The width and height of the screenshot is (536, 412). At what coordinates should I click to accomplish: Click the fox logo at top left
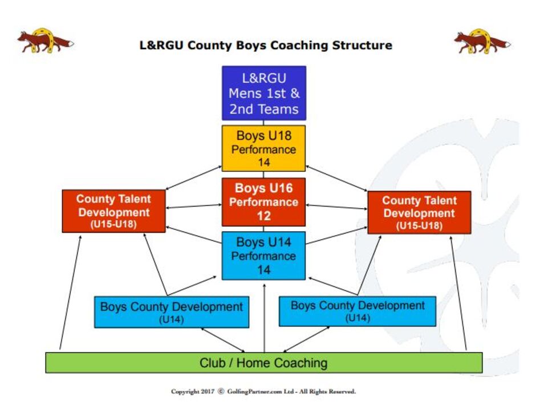(46, 41)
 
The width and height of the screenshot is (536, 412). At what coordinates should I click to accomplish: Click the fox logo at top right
(482, 42)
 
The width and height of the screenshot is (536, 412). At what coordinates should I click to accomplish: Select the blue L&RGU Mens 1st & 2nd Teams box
(264, 93)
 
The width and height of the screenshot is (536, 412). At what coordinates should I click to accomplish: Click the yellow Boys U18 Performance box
(263, 148)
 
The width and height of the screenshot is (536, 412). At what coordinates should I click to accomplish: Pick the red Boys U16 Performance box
(263, 202)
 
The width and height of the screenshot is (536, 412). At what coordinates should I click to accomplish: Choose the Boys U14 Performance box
(263, 256)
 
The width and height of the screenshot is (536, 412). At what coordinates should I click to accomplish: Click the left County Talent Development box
(114, 211)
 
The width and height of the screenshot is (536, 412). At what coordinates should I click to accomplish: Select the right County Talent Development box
(419, 212)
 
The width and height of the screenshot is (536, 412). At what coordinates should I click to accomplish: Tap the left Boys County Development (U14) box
(172, 312)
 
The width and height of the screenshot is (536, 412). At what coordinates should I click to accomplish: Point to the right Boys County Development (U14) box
(358, 311)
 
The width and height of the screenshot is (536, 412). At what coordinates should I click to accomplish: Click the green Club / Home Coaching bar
(264, 363)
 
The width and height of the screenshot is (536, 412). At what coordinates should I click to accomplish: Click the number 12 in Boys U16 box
(264, 216)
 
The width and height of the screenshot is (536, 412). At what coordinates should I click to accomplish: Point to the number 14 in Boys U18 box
(264, 162)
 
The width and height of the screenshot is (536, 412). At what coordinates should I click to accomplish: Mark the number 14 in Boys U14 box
(264, 270)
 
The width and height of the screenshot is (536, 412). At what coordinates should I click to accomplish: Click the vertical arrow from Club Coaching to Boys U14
(264, 318)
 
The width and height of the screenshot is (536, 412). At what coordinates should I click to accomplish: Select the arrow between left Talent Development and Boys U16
(194, 207)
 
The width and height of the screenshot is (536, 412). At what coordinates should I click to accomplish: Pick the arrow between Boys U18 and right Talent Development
(336, 178)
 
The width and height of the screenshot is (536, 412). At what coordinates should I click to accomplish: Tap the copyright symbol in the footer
(221, 391)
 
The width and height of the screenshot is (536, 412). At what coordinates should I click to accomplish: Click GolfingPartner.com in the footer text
(255, 391)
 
